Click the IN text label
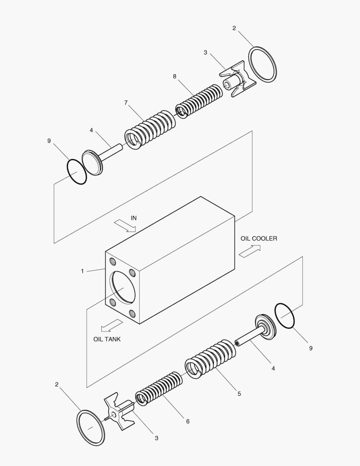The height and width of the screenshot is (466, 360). click(134, 218)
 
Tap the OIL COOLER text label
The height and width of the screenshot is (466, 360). click(259, 238)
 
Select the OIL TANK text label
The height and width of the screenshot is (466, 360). click(107, 339)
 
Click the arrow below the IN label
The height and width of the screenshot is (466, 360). click(125, 226)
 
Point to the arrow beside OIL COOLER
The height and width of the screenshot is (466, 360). click(250, 251)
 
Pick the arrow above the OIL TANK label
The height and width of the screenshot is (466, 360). click(111, 325)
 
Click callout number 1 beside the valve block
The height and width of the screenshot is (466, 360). click(82, 271)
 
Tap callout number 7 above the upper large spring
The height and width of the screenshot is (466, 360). click(126, 103)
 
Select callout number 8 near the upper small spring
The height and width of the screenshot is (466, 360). click(175, 76)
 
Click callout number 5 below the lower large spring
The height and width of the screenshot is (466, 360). click(239, 394)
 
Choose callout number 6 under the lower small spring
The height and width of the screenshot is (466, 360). click(188, 421)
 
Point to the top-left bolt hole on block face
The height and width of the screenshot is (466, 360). click(113, 262)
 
